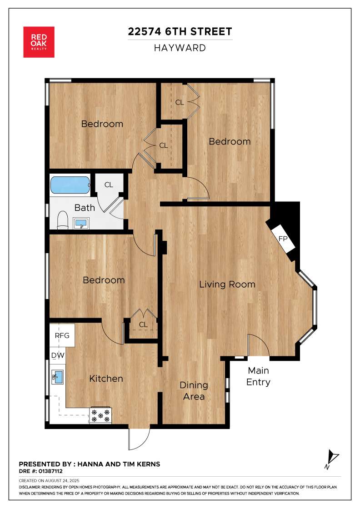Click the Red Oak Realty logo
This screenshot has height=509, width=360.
pos(39,42)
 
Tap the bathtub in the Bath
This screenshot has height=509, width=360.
pos(70,185)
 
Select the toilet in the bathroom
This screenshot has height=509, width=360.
pos(62,220)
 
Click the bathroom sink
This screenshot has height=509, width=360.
pos(81,223)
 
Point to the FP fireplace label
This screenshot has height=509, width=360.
pos(283,239)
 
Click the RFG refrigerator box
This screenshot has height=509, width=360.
pos(62,335)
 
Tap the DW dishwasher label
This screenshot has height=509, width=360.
pos(58,355)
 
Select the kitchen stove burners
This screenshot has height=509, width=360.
pos(100,415)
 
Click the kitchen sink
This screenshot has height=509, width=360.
pos(57,377)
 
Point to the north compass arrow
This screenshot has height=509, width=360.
pos(332,458)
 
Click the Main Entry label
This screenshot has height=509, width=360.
pos(258,376)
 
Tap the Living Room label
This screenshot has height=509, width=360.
pos(227,284)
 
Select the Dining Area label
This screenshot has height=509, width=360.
pos(194,391)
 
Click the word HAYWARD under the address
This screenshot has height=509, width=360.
pos(180,48)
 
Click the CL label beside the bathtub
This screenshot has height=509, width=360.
pos(109,185)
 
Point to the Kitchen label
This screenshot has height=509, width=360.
pos(106,379)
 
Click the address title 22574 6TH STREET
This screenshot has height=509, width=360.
pos(180,31)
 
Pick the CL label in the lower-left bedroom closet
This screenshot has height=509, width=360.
pos(143,324)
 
